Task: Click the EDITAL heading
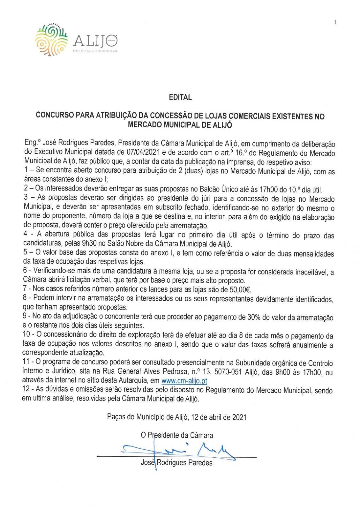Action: pos(180,98)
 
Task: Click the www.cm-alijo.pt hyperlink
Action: pos(185,381)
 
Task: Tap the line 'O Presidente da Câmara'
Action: pos(177,435)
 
